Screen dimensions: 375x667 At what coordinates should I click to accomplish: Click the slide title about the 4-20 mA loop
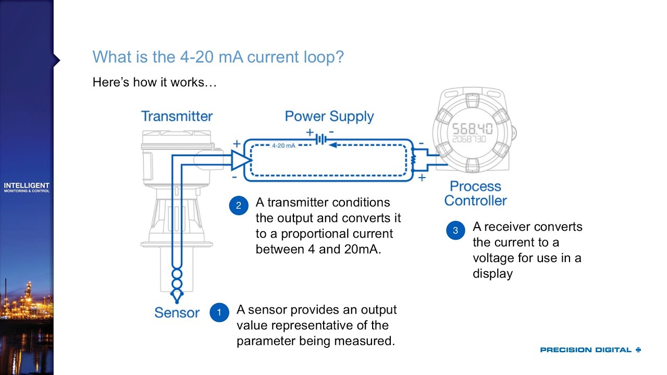218,57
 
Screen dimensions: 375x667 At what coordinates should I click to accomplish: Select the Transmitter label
177,116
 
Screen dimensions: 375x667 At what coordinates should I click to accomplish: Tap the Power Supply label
329,116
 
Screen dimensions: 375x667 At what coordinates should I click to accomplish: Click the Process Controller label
475,193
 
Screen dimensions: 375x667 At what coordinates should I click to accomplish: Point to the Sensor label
177,312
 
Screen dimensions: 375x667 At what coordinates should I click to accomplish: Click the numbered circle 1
219,312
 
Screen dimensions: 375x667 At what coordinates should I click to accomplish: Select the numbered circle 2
239,205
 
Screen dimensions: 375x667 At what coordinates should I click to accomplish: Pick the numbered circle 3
455,230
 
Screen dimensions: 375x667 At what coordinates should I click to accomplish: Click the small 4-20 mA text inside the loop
283,146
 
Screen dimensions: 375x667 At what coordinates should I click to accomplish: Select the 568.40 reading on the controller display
472,129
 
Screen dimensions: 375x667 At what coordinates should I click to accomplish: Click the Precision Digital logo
590,350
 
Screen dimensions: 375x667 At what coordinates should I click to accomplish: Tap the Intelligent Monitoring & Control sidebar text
27,187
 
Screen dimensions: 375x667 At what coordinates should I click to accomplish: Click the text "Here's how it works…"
154,82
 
